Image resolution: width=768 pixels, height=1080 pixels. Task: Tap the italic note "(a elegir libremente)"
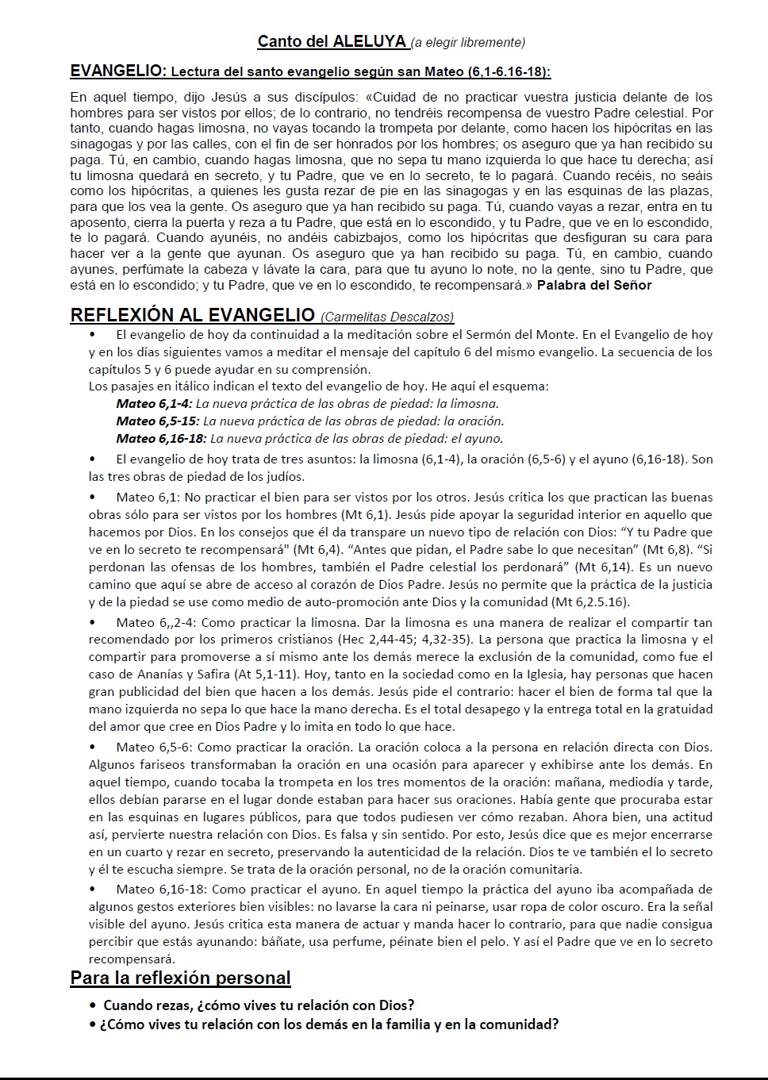pyautogui.click(x=468, y=42)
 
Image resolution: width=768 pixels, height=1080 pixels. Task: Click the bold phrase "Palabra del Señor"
pyautogui.click(x=594, y=285)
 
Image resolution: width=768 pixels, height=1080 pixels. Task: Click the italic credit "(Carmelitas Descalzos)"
pyautogui.click(x=388, y=317)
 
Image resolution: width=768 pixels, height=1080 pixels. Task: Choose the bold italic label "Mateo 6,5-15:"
pyautogui.click(x=157, y=421)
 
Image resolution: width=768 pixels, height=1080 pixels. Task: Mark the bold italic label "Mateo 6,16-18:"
pyautogui.click(x=161, y=438)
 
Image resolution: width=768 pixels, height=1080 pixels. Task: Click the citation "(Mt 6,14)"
pyautogui.click(x=604, y=567)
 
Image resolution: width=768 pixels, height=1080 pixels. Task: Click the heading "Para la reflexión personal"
pyautogui.click(x=180, y=978)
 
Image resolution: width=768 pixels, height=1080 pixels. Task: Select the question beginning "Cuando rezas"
pyautogui.click(x=259, y=1005)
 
